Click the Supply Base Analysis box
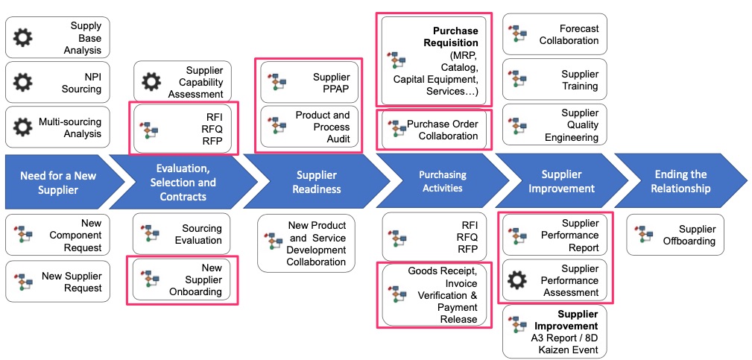(x=57, y=37)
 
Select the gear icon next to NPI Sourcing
(x=24, y=83)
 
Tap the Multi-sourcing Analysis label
(x=70, y=127)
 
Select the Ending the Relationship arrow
(x=680, y=181)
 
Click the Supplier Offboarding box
(x=675, y=235)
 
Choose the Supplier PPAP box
(x=309, y=83)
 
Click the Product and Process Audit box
(x=309, y=127)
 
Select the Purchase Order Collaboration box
(x=434, y=130)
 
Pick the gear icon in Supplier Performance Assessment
(x=516, y=280)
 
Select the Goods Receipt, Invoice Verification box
(x=434, y=294)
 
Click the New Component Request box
(x=57, y=235)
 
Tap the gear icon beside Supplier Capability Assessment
(x=151, y=81)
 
